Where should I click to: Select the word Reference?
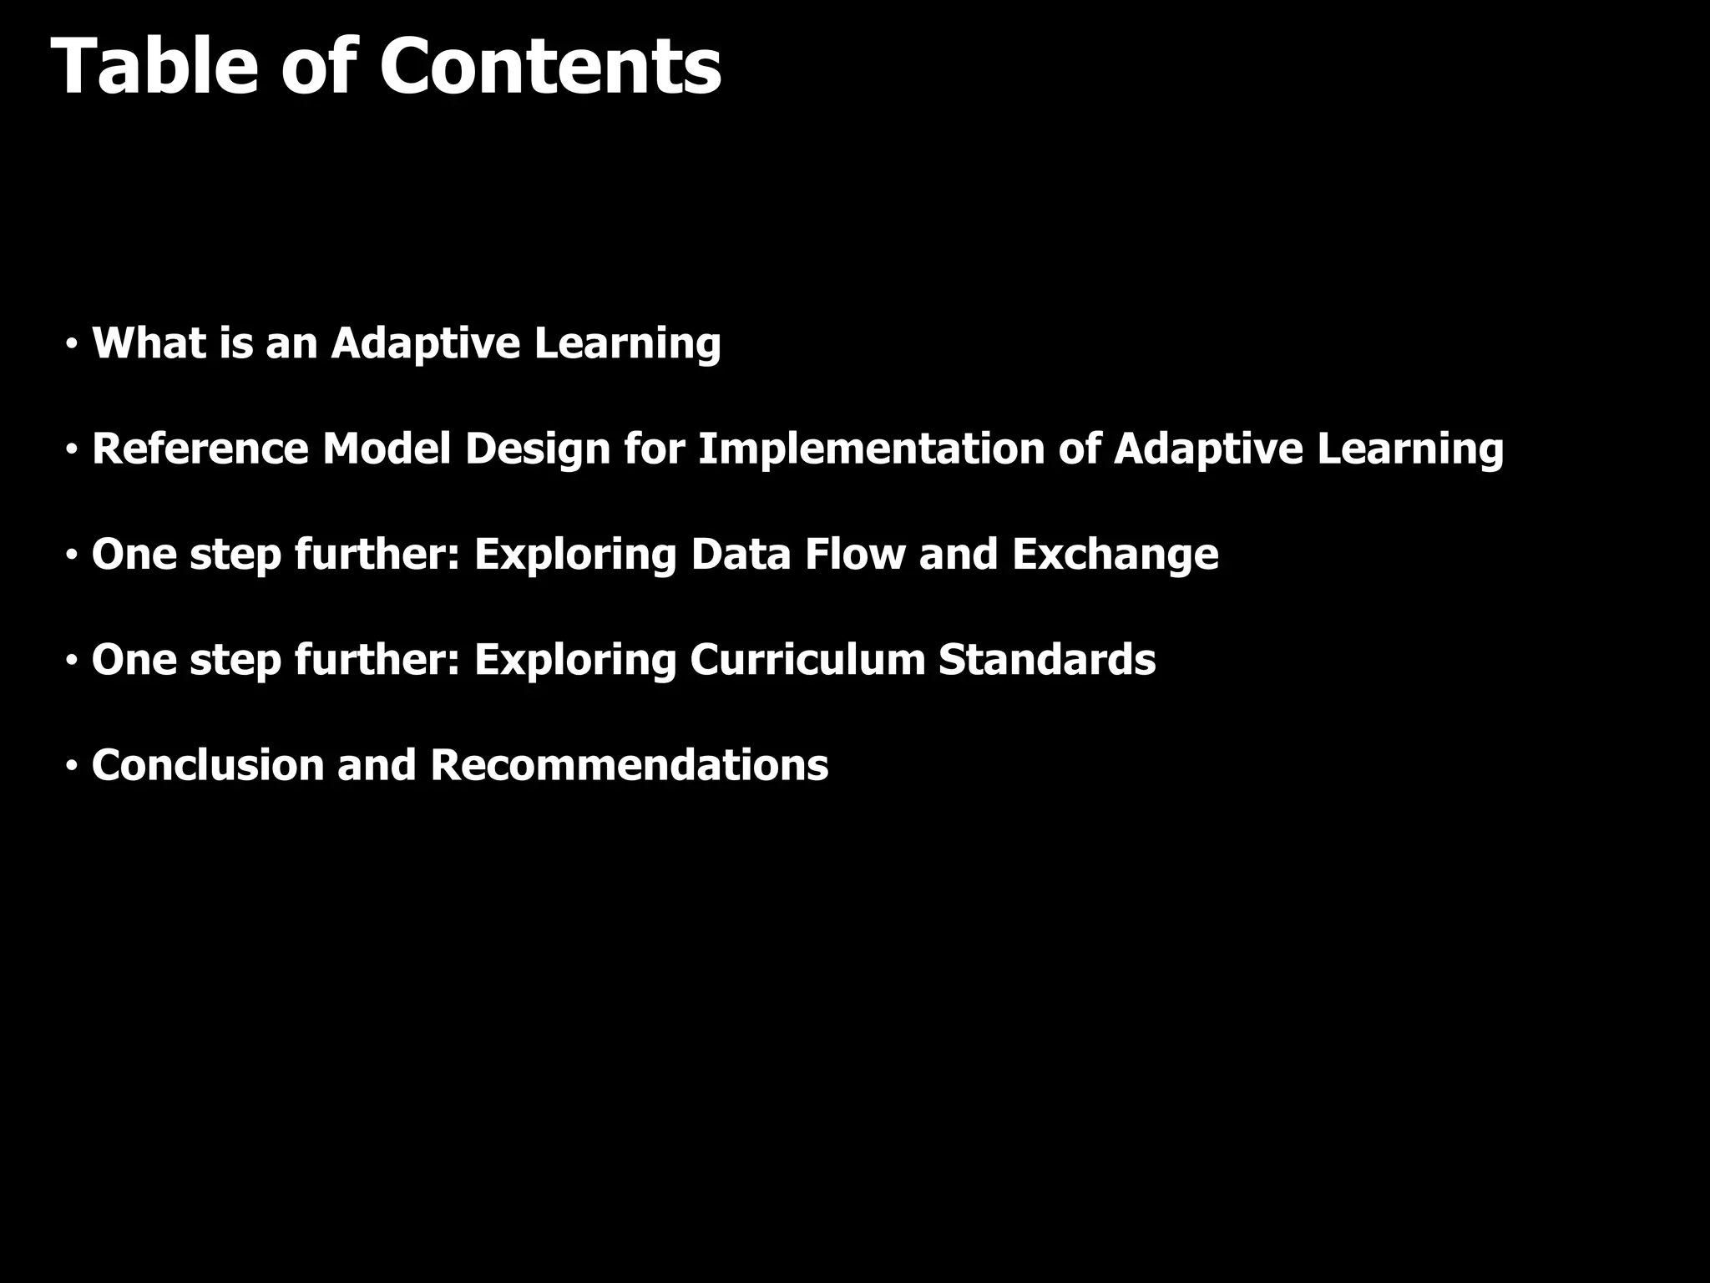coord(200,449)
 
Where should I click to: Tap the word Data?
coord(740,555)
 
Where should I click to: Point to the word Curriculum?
coord(807,660)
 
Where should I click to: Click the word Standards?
coord(1047,660)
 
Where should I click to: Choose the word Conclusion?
coord(207,765)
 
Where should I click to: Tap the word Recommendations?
coord(629,765)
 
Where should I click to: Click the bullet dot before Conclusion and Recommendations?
coord(73,765)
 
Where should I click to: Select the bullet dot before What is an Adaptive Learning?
coord(73,343)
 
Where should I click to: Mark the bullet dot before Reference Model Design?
coord(73,449)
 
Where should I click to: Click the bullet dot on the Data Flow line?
coord(73,555)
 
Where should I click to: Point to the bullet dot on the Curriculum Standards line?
coord(73,660)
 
